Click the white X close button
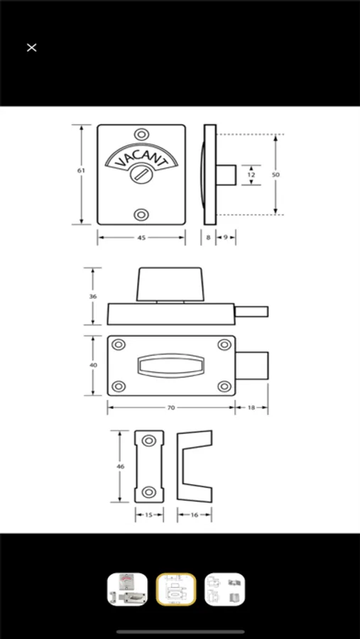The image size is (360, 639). click(x=31, y=48)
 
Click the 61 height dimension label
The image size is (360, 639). click(x=82, y=170)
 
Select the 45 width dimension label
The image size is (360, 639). click(x=141, y=238)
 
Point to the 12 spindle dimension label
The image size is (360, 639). click(x=251, y=175)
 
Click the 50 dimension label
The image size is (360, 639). click(x=276, y=175)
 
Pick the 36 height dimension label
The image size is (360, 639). click(x=93, y=297)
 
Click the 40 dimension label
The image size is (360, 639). click(x=93, y=365)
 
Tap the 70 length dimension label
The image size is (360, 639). click(x=171, y=408)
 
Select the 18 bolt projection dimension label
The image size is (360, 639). click(x=251, y=408)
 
